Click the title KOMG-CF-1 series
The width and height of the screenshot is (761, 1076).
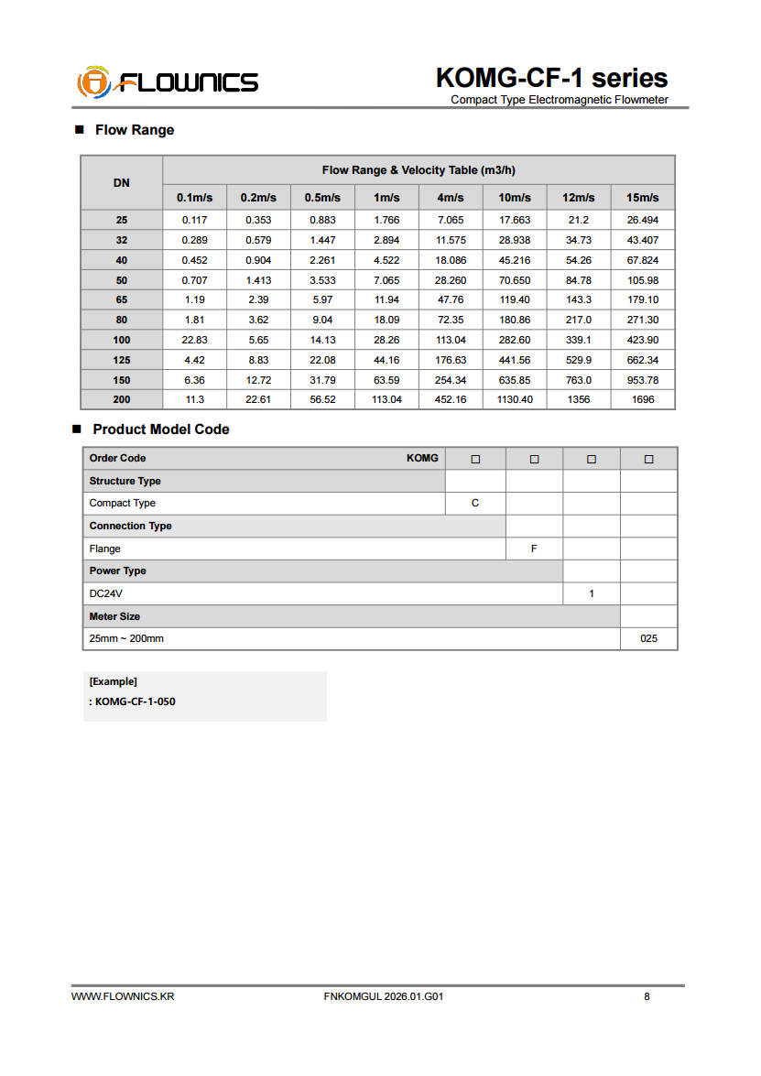(551, 78)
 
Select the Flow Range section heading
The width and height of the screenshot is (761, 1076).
(134, 130)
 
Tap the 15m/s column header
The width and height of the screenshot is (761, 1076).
(642, 198)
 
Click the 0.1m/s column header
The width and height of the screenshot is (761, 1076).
(194, 198)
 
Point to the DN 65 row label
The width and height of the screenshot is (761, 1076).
(122, 300)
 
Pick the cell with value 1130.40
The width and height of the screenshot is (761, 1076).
(515, 400)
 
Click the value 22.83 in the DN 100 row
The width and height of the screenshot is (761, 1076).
(194, 340)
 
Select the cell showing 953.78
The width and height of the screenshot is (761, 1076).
(642, 380)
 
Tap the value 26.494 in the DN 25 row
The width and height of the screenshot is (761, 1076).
(642, 221)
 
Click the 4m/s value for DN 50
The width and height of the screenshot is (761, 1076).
(451, 280)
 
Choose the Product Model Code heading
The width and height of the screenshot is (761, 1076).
(161, 429)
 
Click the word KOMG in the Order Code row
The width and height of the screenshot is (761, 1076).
(422, 458)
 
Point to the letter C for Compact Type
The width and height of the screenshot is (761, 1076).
(475, 504)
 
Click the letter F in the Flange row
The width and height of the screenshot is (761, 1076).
(534, 549)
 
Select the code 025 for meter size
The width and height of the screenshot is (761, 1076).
(648, 639)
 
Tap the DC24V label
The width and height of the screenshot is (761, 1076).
(105, 593)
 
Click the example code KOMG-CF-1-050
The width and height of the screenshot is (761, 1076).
(135, 702)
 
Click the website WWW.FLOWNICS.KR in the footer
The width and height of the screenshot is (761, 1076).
(123, 996)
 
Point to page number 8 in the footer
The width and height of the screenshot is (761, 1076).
(647, 996)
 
